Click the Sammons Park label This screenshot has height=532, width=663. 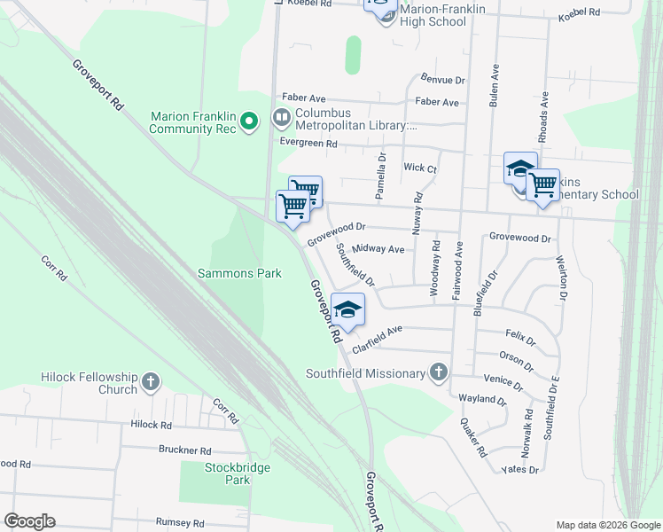238,273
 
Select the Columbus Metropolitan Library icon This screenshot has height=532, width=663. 282,115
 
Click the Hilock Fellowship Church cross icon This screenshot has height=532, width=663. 151,382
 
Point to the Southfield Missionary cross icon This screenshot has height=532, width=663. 439,372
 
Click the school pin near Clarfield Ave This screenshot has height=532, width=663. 348,310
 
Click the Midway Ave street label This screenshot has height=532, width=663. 378,250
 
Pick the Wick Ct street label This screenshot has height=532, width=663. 420,168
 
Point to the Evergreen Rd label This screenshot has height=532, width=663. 308,143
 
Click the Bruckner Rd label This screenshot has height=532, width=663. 184,450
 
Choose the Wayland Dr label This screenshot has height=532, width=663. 482,400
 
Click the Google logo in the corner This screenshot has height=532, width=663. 29,521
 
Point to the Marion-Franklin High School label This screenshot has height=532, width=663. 443,15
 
